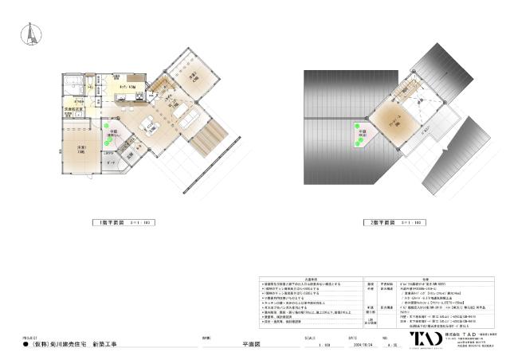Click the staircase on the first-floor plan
(x=165, y=84)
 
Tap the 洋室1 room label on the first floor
(x=81, y=150)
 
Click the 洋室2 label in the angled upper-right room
(x=194, y=77)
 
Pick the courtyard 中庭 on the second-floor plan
(x=360, y=134)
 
